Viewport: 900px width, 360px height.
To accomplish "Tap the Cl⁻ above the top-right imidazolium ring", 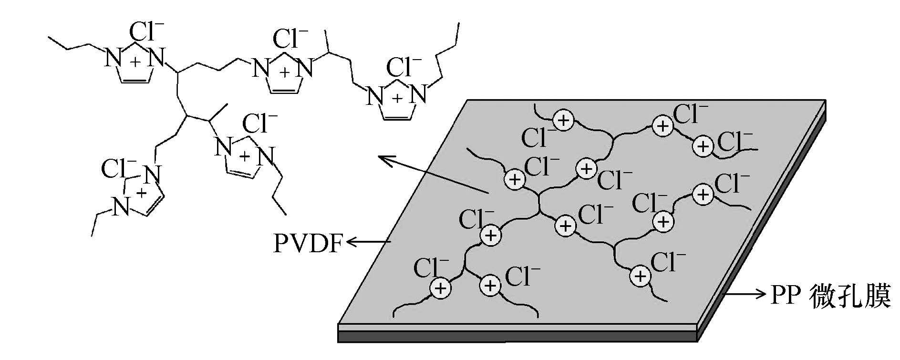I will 404,67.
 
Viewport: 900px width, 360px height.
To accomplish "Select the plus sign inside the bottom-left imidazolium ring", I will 141,193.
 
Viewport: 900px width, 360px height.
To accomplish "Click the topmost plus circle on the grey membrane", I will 564,120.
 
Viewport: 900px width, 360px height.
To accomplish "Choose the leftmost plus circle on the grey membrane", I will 440,288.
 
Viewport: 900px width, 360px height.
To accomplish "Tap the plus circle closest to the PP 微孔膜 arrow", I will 641,276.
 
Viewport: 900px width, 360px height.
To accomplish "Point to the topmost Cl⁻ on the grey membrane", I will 690,114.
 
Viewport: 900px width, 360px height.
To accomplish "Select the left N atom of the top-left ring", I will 112,59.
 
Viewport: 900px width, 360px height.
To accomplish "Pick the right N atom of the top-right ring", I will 419,94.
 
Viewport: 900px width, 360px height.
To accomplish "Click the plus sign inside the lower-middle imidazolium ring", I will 245,156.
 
